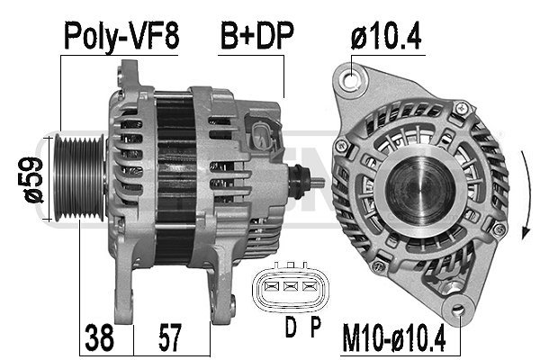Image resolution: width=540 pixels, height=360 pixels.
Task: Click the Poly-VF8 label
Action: [x=121, y=36]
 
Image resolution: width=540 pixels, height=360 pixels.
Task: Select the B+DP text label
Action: [x=256, y=36]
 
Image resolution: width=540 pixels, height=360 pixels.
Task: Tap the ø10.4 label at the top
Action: [x=387, y=36]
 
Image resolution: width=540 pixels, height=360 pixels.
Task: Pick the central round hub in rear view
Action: [x=420, y=185]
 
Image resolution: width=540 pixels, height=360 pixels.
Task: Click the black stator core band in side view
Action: [x=176, y=175]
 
